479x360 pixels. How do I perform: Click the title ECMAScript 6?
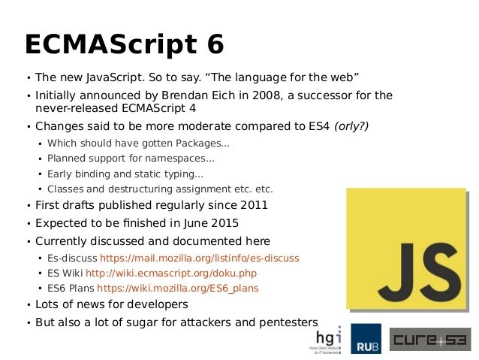pyautogui.click(x=125, y=44)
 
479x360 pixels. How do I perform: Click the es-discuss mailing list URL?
pyautogui.click(x=200, y=258)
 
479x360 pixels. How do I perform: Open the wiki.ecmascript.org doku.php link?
pyautogui.click(x=171, y=273)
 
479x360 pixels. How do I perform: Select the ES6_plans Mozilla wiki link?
pyautogui.click(x=178, y=288)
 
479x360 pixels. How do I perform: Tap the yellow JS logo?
pyautogui.click(x=406, y=248)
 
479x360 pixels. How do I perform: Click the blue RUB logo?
pyautogui.click(x=366, y=339)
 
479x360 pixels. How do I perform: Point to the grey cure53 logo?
pyautogui.click(x=430, y=339)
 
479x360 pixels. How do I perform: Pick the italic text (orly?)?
pyautogui.click(x=351, y=126)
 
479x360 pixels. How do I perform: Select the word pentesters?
pyautogui.click(x=288, y=322)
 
